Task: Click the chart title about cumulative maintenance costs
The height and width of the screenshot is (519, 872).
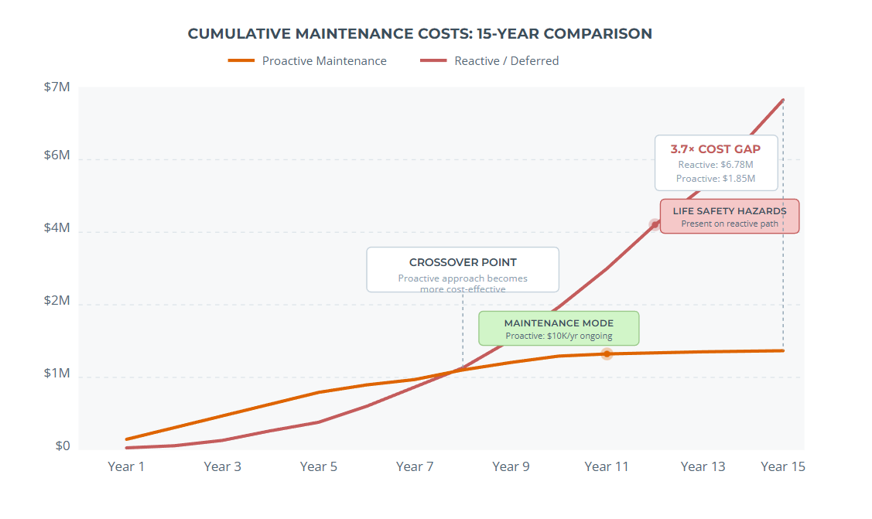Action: [419, 34]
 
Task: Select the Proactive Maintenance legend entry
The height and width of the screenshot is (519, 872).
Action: [307, 61]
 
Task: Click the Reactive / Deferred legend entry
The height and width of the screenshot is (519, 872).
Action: [489, 61]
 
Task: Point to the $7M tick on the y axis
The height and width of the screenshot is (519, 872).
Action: [56, 87]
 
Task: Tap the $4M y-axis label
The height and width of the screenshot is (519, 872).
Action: [56, 229]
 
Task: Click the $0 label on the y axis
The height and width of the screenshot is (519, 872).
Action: [62, 446]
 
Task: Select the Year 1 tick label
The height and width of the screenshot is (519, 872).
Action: [126, 466]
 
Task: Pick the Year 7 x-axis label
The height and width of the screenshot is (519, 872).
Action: [415, 466]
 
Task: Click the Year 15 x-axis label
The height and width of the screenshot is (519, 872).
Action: [783, 466]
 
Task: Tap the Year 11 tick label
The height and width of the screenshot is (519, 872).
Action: [607, 466]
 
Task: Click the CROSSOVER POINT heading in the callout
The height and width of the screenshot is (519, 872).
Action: [463, 262]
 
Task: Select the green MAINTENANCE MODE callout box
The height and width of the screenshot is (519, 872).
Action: [559, 329]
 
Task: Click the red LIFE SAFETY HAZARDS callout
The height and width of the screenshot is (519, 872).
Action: [729, 217]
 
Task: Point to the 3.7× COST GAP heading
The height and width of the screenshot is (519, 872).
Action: [715, 149]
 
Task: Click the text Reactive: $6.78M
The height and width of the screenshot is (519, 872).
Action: [715, 165]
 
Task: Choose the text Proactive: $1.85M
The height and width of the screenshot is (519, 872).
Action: [715, 179]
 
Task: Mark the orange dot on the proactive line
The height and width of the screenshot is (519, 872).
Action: [607, 353]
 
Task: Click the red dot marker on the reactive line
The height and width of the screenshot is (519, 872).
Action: [655, 224]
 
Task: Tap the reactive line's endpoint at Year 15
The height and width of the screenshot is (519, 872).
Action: [783, 100]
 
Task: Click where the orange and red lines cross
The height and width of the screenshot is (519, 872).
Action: [449, 372]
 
